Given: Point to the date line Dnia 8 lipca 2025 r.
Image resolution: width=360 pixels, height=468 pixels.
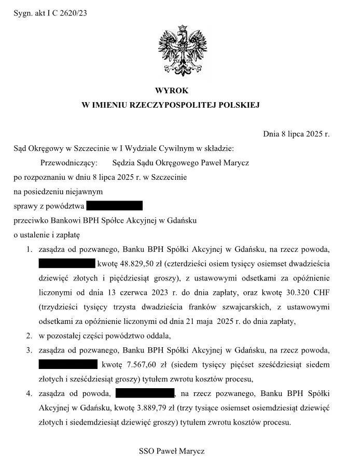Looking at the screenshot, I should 297,134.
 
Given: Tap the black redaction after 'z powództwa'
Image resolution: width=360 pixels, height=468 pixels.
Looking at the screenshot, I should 114,206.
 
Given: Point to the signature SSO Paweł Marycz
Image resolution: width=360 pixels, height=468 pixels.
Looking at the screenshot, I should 172,451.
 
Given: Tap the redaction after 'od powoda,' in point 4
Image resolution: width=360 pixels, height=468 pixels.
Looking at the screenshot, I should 145,394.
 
